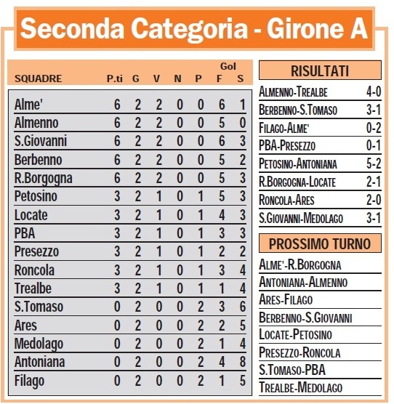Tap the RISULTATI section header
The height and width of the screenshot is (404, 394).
coord(320,71)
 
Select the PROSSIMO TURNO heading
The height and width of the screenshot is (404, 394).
coord(320,244)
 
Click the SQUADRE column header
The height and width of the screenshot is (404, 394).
coord(39,78)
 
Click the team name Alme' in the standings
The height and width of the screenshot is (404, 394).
coord(28,105)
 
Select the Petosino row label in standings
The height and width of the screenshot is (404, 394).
coord(35,196)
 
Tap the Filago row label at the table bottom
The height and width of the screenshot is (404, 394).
coord(29,380)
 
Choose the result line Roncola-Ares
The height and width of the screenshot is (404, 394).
coord(290,198)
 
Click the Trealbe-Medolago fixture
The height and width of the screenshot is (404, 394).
coord(300,387)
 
